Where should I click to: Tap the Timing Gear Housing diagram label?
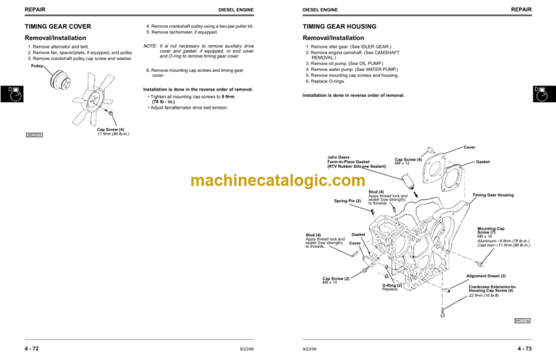[492, 195]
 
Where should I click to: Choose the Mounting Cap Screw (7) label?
[490, 232]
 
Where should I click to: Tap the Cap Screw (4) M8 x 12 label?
[408, 161]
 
